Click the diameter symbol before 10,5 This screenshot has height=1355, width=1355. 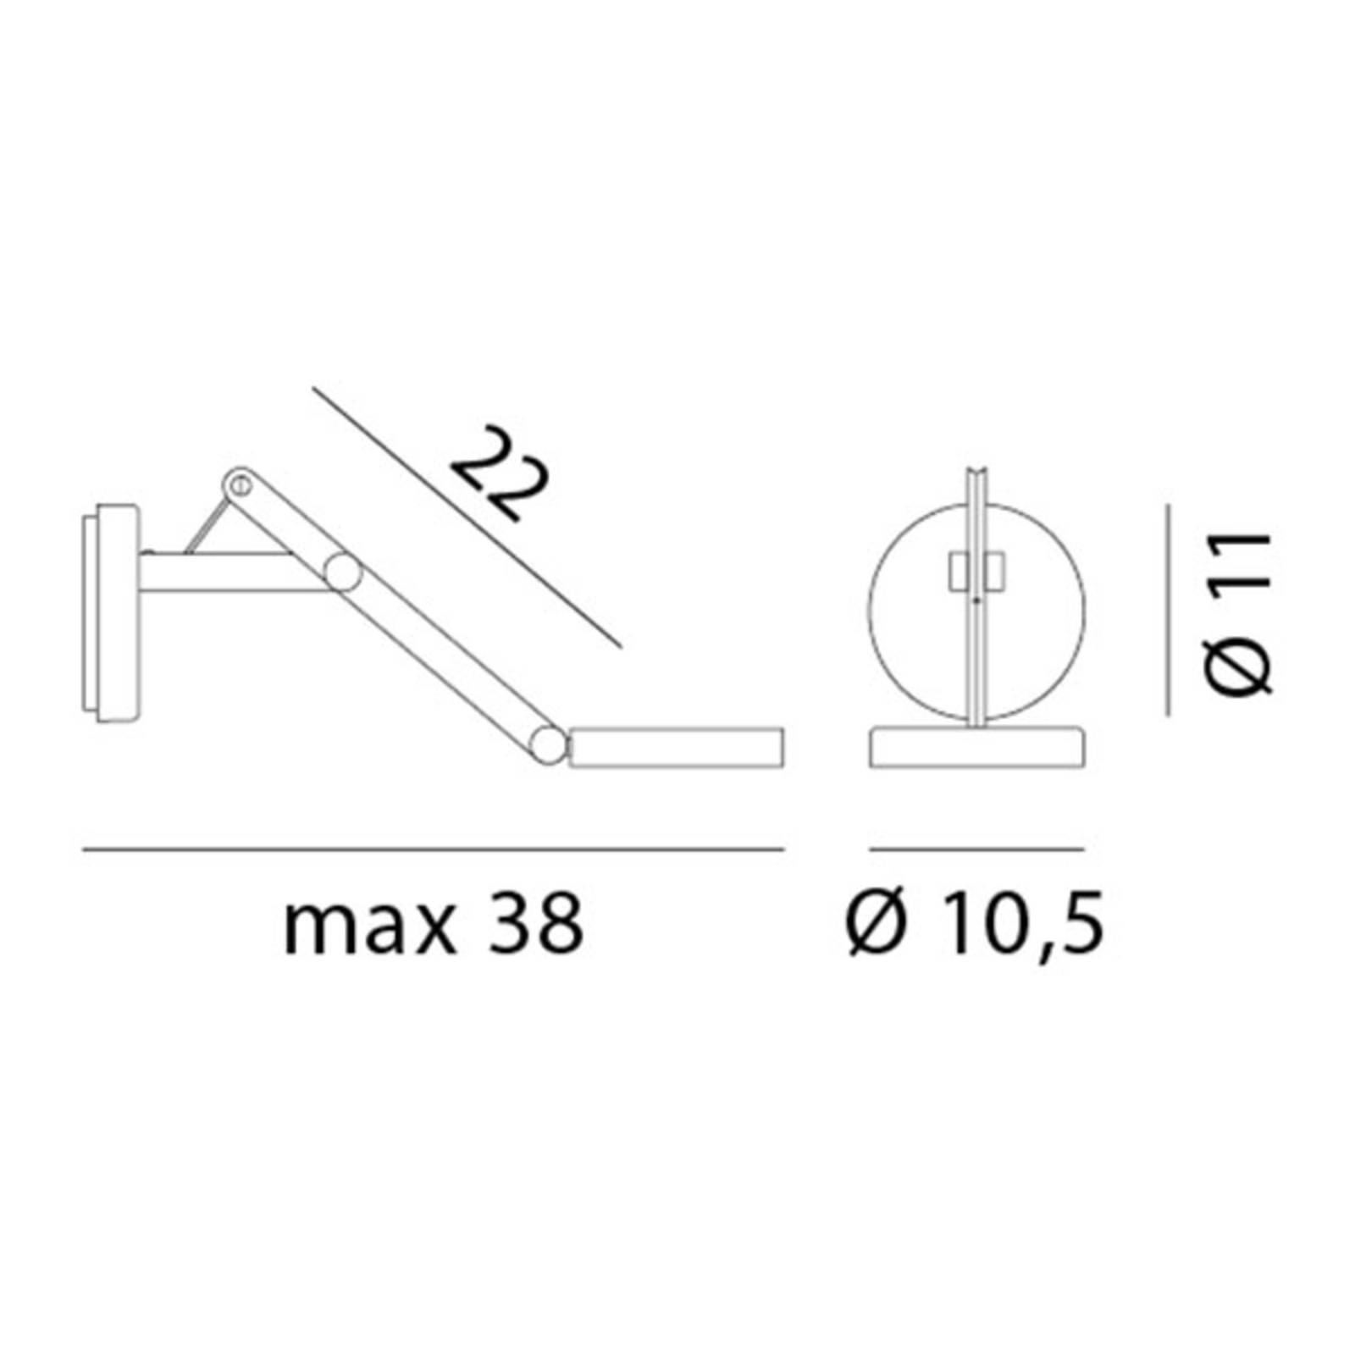[x=877, y=925]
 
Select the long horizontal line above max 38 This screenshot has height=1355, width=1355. [x=433, y=848]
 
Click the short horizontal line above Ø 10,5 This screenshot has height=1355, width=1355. [x=976, y=848]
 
